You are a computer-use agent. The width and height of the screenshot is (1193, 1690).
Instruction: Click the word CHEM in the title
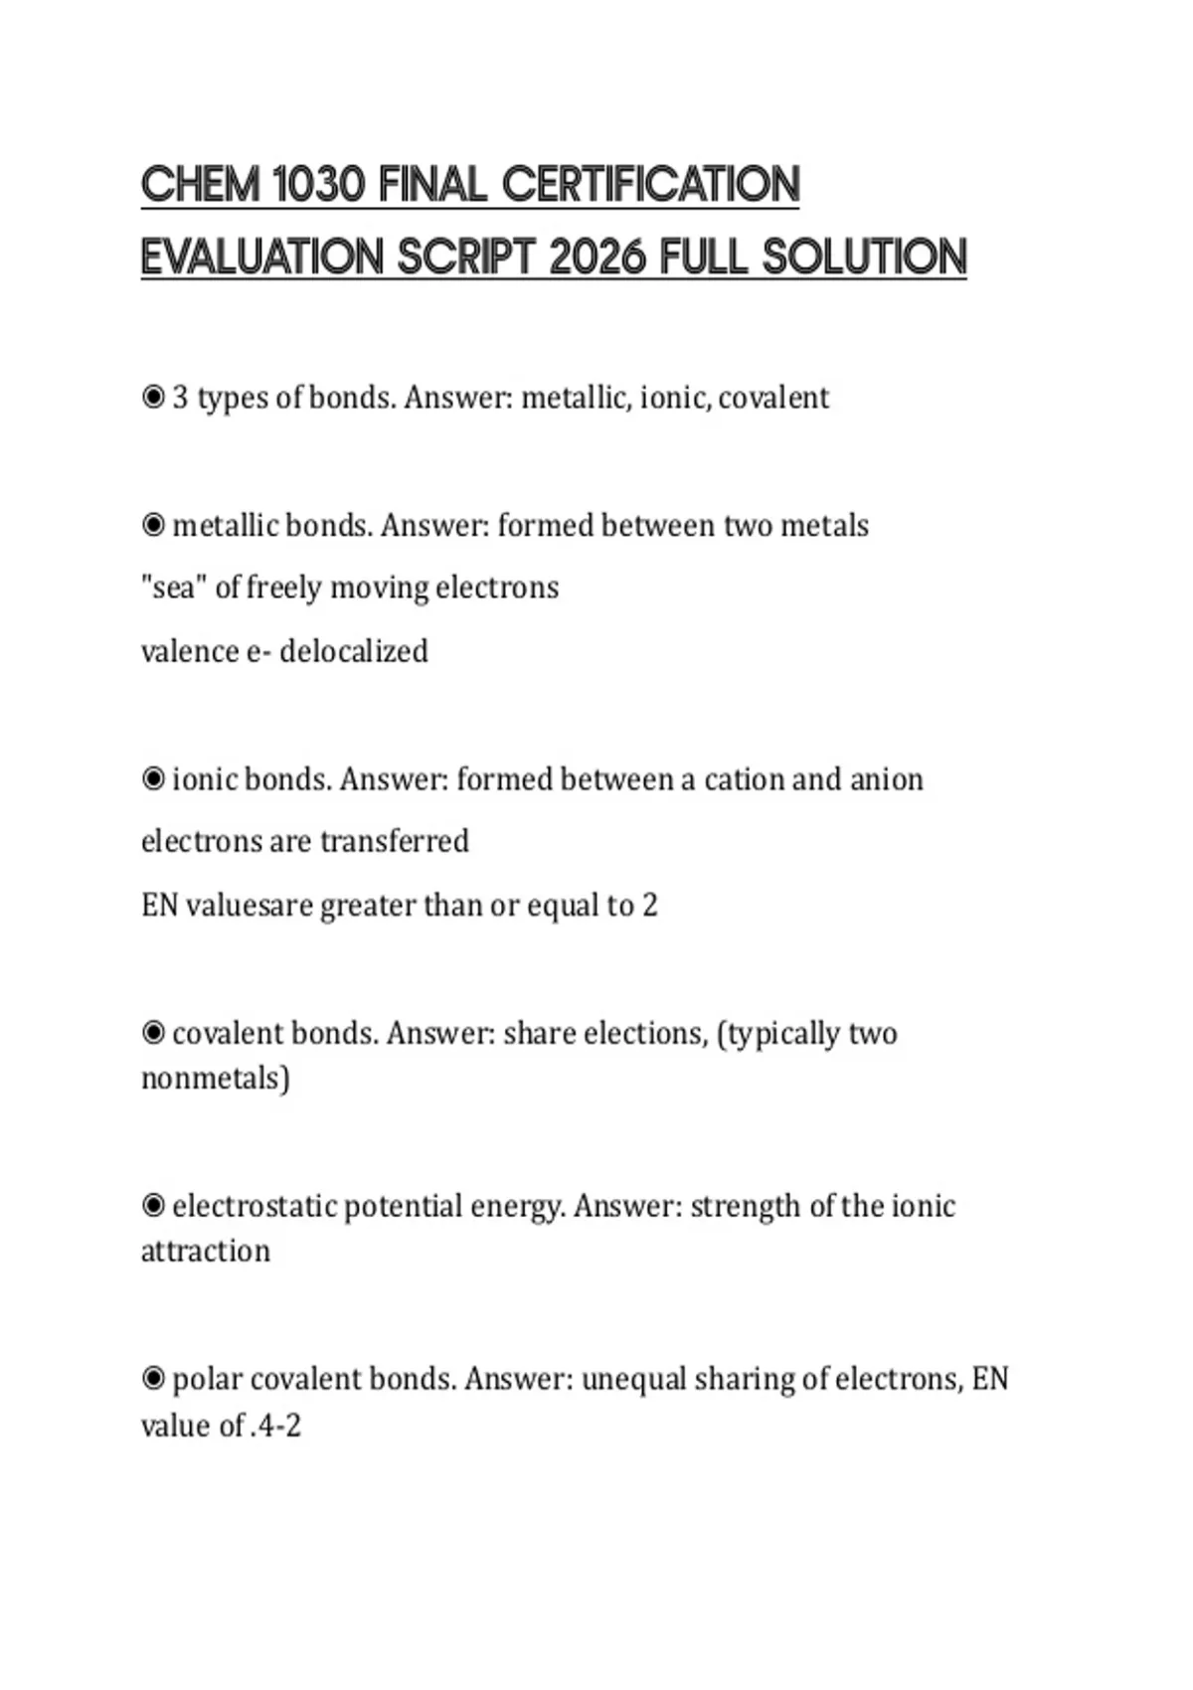[x=200, y=185]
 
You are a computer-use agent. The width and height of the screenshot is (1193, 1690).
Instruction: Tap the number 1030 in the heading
[x=317, y=185]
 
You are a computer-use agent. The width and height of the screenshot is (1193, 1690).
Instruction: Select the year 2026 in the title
[x=596, y=257]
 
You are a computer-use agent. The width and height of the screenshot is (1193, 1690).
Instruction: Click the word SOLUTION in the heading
[x=864, y=257]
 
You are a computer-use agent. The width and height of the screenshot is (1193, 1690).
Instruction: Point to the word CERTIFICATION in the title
[x=650, y=185]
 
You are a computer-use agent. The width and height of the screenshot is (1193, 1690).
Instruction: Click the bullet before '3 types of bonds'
[x=153, y=398]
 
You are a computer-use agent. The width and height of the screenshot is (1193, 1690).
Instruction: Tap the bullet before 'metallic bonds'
[x=153, y=525]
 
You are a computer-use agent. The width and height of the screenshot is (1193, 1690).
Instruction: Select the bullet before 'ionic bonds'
[x=153, y=779]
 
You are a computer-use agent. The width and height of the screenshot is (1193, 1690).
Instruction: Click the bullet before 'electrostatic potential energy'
[x=153, y=1206]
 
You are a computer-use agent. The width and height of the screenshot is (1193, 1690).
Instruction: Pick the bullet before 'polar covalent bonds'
[x=153, y=1379]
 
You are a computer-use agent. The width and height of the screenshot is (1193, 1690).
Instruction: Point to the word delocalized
[x=354, y=652]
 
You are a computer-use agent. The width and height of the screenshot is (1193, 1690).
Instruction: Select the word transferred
[x=395, y=842]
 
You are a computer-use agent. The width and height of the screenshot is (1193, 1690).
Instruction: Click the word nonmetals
[x=211, y=1079]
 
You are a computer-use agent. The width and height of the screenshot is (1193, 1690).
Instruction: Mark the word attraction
[x=206, y=1251]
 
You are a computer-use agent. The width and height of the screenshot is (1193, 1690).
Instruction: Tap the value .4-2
[x=275, y=1427]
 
